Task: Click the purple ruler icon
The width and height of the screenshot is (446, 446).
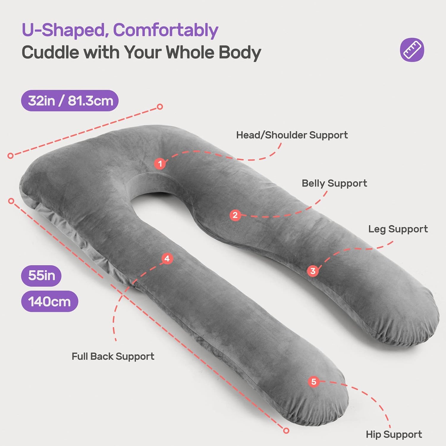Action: [412, 50]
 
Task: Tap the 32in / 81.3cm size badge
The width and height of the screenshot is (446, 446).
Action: [70, 101]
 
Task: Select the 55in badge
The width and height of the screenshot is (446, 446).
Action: [41, 276]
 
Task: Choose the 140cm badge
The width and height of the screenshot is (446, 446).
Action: [50, 301]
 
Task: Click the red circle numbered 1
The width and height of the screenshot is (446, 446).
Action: [160, 164]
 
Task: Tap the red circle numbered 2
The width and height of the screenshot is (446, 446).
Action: [235, 215]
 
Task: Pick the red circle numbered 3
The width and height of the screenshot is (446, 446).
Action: [313, 271]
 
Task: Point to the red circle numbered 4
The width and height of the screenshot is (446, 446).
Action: [167, 258]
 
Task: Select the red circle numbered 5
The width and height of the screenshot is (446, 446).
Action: [314, 381]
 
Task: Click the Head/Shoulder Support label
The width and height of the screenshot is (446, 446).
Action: [292, 135]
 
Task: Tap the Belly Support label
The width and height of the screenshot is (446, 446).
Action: [334, 183]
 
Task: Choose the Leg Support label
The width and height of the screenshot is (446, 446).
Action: [398, 229]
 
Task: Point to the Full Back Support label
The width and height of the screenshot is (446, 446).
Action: [113, 356]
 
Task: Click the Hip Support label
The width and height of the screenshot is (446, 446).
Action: [394, 434]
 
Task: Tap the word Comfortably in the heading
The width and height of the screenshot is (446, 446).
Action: [166, 30]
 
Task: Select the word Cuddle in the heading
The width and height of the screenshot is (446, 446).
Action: [50, 53]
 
